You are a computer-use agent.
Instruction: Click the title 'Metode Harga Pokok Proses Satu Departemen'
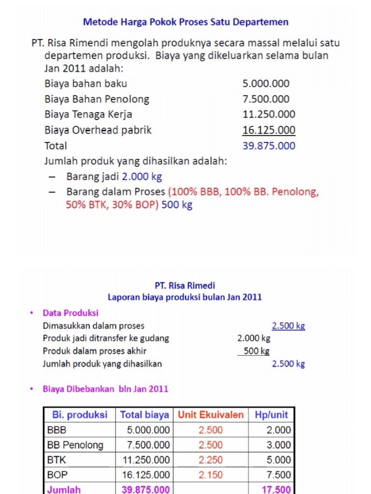coord(185,22)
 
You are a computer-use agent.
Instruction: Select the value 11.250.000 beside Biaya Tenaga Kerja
coord(269,114)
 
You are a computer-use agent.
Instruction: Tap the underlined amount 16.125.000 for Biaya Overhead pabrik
coord(269,130)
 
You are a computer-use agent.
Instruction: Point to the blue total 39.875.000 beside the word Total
coord(269,146)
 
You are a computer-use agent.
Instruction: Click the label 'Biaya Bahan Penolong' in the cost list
coord(97,99)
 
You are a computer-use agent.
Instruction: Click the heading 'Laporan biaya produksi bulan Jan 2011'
coord(185,297)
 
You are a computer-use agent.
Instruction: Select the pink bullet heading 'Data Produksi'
coord(71,313)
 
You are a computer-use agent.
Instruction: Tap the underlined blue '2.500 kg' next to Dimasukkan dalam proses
coord(288,326)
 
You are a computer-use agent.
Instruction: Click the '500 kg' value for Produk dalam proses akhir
coord(257,351)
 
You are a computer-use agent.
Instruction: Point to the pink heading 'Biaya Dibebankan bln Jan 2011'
coord(105,388)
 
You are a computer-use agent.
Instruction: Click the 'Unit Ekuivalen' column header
coord(211,415)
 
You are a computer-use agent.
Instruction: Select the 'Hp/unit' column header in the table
coord(270,415)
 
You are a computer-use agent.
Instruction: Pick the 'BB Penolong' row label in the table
coord(75,445)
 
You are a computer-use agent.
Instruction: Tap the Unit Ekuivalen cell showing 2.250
coord(211,460)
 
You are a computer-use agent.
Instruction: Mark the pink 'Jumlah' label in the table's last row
coord(64,489)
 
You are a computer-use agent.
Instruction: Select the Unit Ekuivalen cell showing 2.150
coord(211,475)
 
